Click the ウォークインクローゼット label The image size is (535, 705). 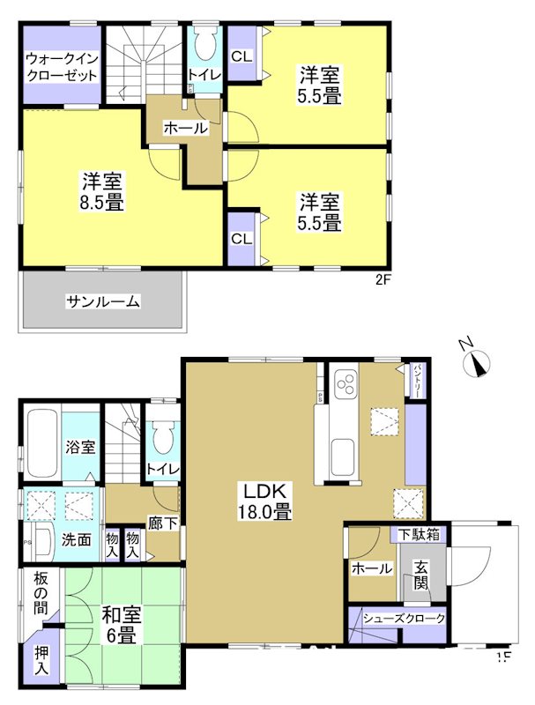pos(61,67)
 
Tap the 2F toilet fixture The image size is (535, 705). pos(205,46)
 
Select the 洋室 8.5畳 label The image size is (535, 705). pos(102,191)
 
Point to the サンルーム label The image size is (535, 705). pos(102,301)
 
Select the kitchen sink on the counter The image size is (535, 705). pos(344,457)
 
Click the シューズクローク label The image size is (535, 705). pos(398,619)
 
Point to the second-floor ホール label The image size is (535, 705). pos(185,129)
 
